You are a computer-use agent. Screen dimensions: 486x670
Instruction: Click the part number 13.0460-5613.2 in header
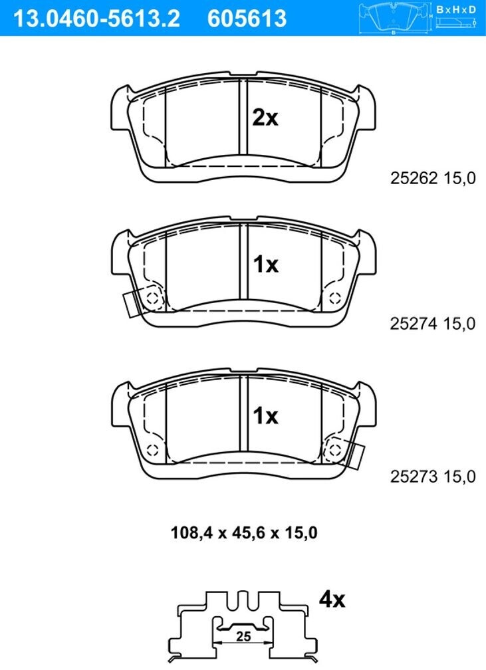pyautogui.click(x=97, y=19)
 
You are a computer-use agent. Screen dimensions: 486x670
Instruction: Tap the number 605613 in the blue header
pyautogui.click(x=247, y=19)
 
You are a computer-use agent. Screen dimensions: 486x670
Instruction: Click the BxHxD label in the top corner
pyautogui.click(x=456, y=9)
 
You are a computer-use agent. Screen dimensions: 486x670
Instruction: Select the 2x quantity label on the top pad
pyautogui.click(x=265, y=117)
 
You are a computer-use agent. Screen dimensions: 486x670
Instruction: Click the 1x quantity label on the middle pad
pyautogui.click(x=265, y=265)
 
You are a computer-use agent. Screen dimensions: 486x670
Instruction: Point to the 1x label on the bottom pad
pyautogui.click(x=265, y=415)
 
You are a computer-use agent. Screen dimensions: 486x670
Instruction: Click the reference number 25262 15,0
pyautogui.click(x=433, y=177)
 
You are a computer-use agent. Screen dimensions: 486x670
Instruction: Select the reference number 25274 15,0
pyautogui.click(x=433, y=324)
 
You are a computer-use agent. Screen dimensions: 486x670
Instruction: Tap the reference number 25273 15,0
pyautogui.click(x=433, y=477)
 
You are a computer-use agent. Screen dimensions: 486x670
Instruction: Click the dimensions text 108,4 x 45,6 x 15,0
pyautogui.click(x=244, y=533)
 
